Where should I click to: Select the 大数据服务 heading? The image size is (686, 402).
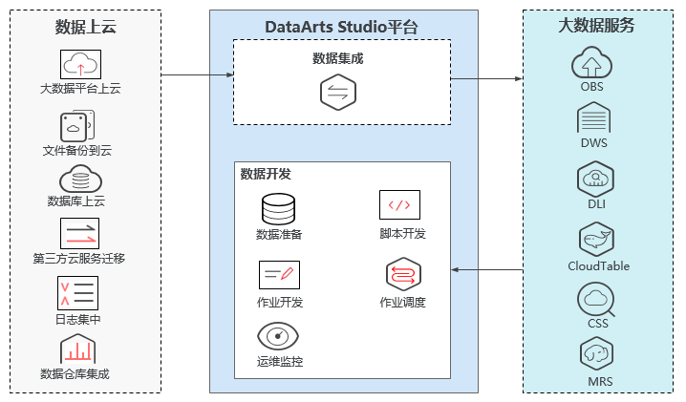click(596, 26)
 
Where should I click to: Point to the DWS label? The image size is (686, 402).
click(593, 142)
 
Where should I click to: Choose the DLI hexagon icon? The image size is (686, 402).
click(594, 179)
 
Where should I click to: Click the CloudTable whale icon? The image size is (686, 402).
click(596, 240)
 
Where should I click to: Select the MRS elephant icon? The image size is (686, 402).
click(595, 355)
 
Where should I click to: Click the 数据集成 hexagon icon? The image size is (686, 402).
click(337, 92)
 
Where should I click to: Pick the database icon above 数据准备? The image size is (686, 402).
click(279, 209)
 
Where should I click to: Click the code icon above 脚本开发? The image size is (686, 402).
click(399, 205)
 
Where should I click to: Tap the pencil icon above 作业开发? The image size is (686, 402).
click(279, 274)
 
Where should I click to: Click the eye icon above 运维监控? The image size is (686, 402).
click(278, 336)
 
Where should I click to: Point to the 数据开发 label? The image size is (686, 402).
click(266, 174)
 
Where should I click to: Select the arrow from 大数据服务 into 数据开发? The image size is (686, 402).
click(486, 270)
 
